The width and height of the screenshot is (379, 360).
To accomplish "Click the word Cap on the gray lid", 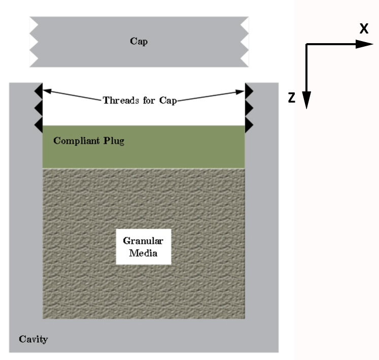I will point(139,42).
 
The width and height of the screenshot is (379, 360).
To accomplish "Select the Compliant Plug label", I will point(89,141).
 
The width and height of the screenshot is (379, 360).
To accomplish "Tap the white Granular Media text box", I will point(144,247).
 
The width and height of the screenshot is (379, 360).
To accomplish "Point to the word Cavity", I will point(33,339).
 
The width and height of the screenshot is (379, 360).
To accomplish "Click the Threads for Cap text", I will point(140,100).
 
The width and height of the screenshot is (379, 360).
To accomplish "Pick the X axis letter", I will point(364,29).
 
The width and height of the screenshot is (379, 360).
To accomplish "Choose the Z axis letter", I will point(292,99).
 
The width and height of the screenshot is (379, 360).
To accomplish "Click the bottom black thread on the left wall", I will point(39,124).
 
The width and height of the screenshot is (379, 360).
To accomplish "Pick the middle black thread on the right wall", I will point(249,108).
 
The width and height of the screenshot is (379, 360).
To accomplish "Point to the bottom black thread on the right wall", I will point(249,124).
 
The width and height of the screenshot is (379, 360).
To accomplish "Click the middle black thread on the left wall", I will point(39,108).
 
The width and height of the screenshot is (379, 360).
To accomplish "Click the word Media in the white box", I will point(144,253).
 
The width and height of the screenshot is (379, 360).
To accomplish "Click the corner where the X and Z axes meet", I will point(306,45).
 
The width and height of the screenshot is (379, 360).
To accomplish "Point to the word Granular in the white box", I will point(144,241).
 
